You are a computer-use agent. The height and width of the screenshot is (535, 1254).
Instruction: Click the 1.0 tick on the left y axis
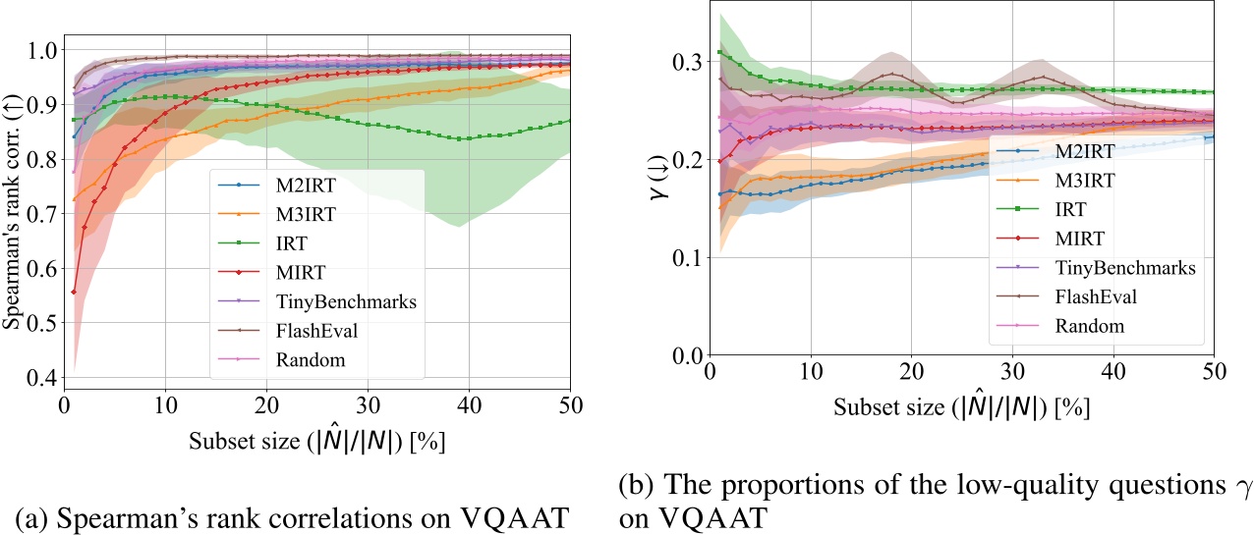tap(39, 49)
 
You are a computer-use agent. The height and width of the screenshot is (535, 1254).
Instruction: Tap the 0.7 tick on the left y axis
tap(39, 214)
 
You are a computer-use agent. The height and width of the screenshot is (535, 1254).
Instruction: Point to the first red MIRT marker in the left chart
tap(75, 292)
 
